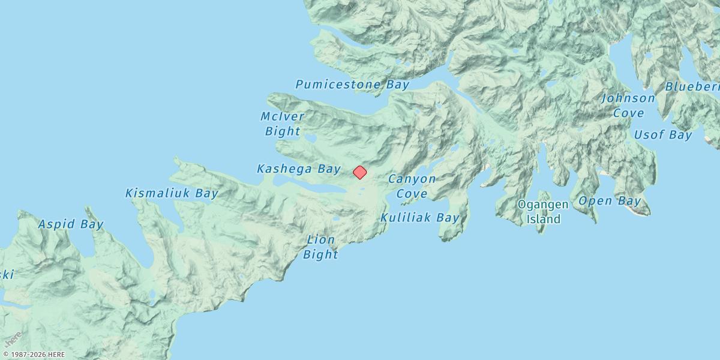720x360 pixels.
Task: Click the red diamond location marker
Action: point(359,172)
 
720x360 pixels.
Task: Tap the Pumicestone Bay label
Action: point(352,85)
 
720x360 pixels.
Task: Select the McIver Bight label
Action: point(282,123)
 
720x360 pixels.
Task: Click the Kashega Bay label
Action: point(299,169)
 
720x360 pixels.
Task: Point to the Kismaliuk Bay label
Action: point(172,193)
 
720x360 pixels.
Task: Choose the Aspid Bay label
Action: point(71,224)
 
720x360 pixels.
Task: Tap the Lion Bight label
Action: point(320,247)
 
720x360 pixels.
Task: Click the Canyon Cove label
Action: point(412,186)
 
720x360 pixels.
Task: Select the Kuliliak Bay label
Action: point(420,217)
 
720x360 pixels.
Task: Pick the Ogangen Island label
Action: point(543,211)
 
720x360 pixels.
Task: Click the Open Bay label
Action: point(610,201)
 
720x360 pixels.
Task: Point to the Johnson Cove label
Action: point(628,105)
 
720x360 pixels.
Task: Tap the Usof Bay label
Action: point(663,135)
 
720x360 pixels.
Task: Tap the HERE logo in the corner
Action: point(13,339)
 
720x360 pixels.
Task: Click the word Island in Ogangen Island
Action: point(544,219)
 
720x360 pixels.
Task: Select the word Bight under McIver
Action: point(283,131)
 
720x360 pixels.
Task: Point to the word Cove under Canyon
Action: point(412,194)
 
